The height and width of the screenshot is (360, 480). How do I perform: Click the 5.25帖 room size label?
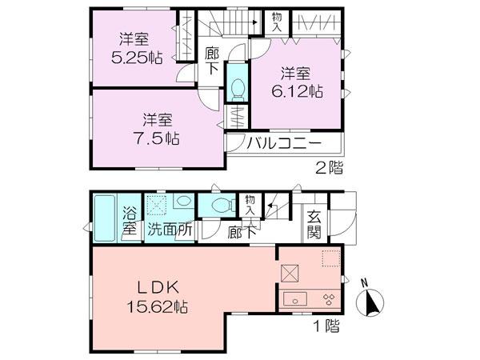(x=132, y=57)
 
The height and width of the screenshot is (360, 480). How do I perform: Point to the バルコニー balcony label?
(x=283, y=144)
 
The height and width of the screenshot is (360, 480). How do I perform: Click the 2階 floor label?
(x=327, y=168)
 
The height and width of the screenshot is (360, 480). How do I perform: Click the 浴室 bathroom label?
(x=130, y=222)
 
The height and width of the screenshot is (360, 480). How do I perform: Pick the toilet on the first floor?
(x=218, y=206)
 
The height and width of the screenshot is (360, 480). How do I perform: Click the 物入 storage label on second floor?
(x=277, y=22)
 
